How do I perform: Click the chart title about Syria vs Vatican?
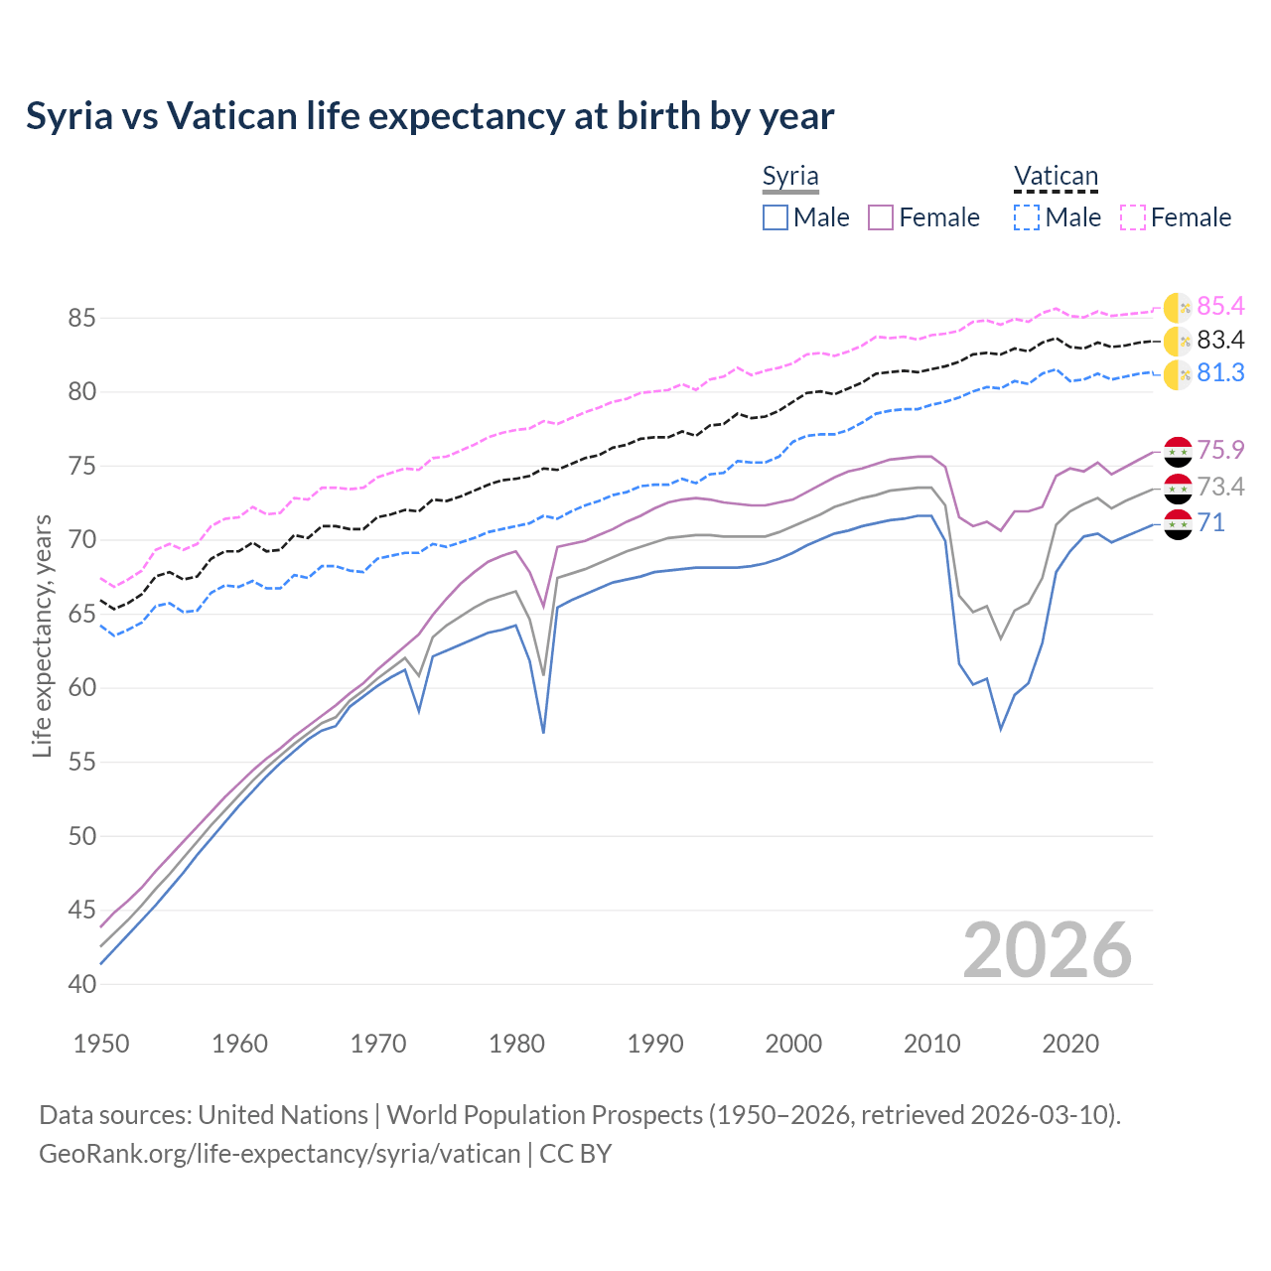pos(430,116)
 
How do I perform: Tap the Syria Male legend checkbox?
pos(776,217)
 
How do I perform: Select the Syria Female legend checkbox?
pos(881,217)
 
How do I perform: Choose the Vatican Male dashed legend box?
pos(1027,217)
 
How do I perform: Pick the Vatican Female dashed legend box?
pos(1133,217)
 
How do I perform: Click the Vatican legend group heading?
pos(1056,177)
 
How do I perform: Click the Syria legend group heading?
pos(790,177)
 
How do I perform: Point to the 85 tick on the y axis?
pos(81,319)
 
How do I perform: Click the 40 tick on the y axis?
pos(81,984)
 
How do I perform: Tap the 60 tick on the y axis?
pos(81,688)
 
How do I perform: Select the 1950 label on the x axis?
pos(101,1044)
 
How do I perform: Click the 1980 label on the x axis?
pos(516,1044)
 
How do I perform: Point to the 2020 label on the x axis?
pos(1070,1044)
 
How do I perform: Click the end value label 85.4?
pos(1220,306)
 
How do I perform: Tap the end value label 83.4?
pos(1220,341)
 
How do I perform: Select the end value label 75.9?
pos(1220,450)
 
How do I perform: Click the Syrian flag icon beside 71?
pos(1178,524)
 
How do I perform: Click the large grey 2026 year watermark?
pos(1048,950)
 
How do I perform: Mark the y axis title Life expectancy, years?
pos(42,635)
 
